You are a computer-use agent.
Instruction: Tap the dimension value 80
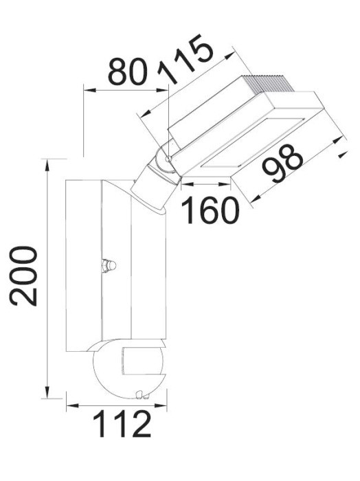coord(128,71)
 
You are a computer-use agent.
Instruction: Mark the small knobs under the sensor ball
coord(141,394)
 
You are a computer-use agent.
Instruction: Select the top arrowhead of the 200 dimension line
coord(47,162)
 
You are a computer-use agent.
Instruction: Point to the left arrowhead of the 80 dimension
coord(86,87)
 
